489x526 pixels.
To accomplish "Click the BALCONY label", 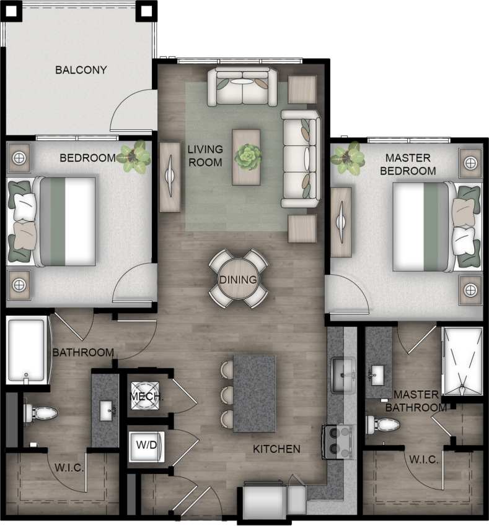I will [x=81, y=70].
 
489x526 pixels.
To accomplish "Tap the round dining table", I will [x=239, y=279].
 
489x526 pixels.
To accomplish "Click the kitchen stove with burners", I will [x=337, y=441].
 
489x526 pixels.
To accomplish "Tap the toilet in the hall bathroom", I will [x=40, y=413].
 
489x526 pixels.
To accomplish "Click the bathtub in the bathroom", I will [x=26, y=351].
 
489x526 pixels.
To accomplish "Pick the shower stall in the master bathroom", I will [x=462, y=361].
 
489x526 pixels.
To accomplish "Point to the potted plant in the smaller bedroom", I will [x=134, y=156].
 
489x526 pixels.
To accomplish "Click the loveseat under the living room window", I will [x=242, y=87].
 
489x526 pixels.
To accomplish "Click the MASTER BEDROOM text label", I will [x=408, y=164].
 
